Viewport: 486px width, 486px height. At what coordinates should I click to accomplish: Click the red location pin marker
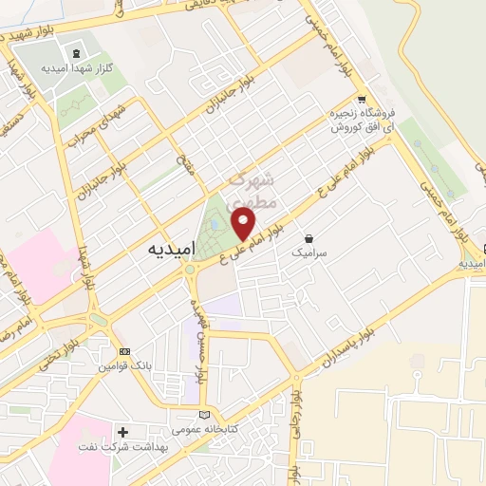[x=244, y=223]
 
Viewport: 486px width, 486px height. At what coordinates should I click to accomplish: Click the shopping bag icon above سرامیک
[x=309, y=239]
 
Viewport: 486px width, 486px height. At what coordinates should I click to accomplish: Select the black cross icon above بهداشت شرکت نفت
[x=122, y=432]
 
